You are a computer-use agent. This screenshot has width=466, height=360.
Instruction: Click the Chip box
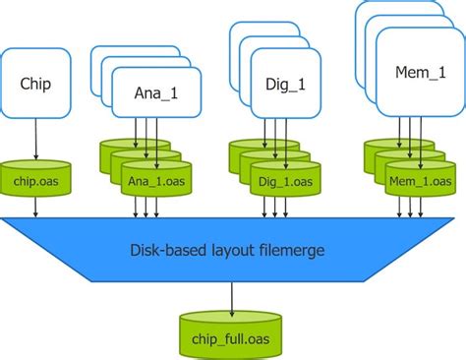(36, 85)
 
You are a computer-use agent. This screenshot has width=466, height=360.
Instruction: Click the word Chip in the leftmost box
(36, 85)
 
